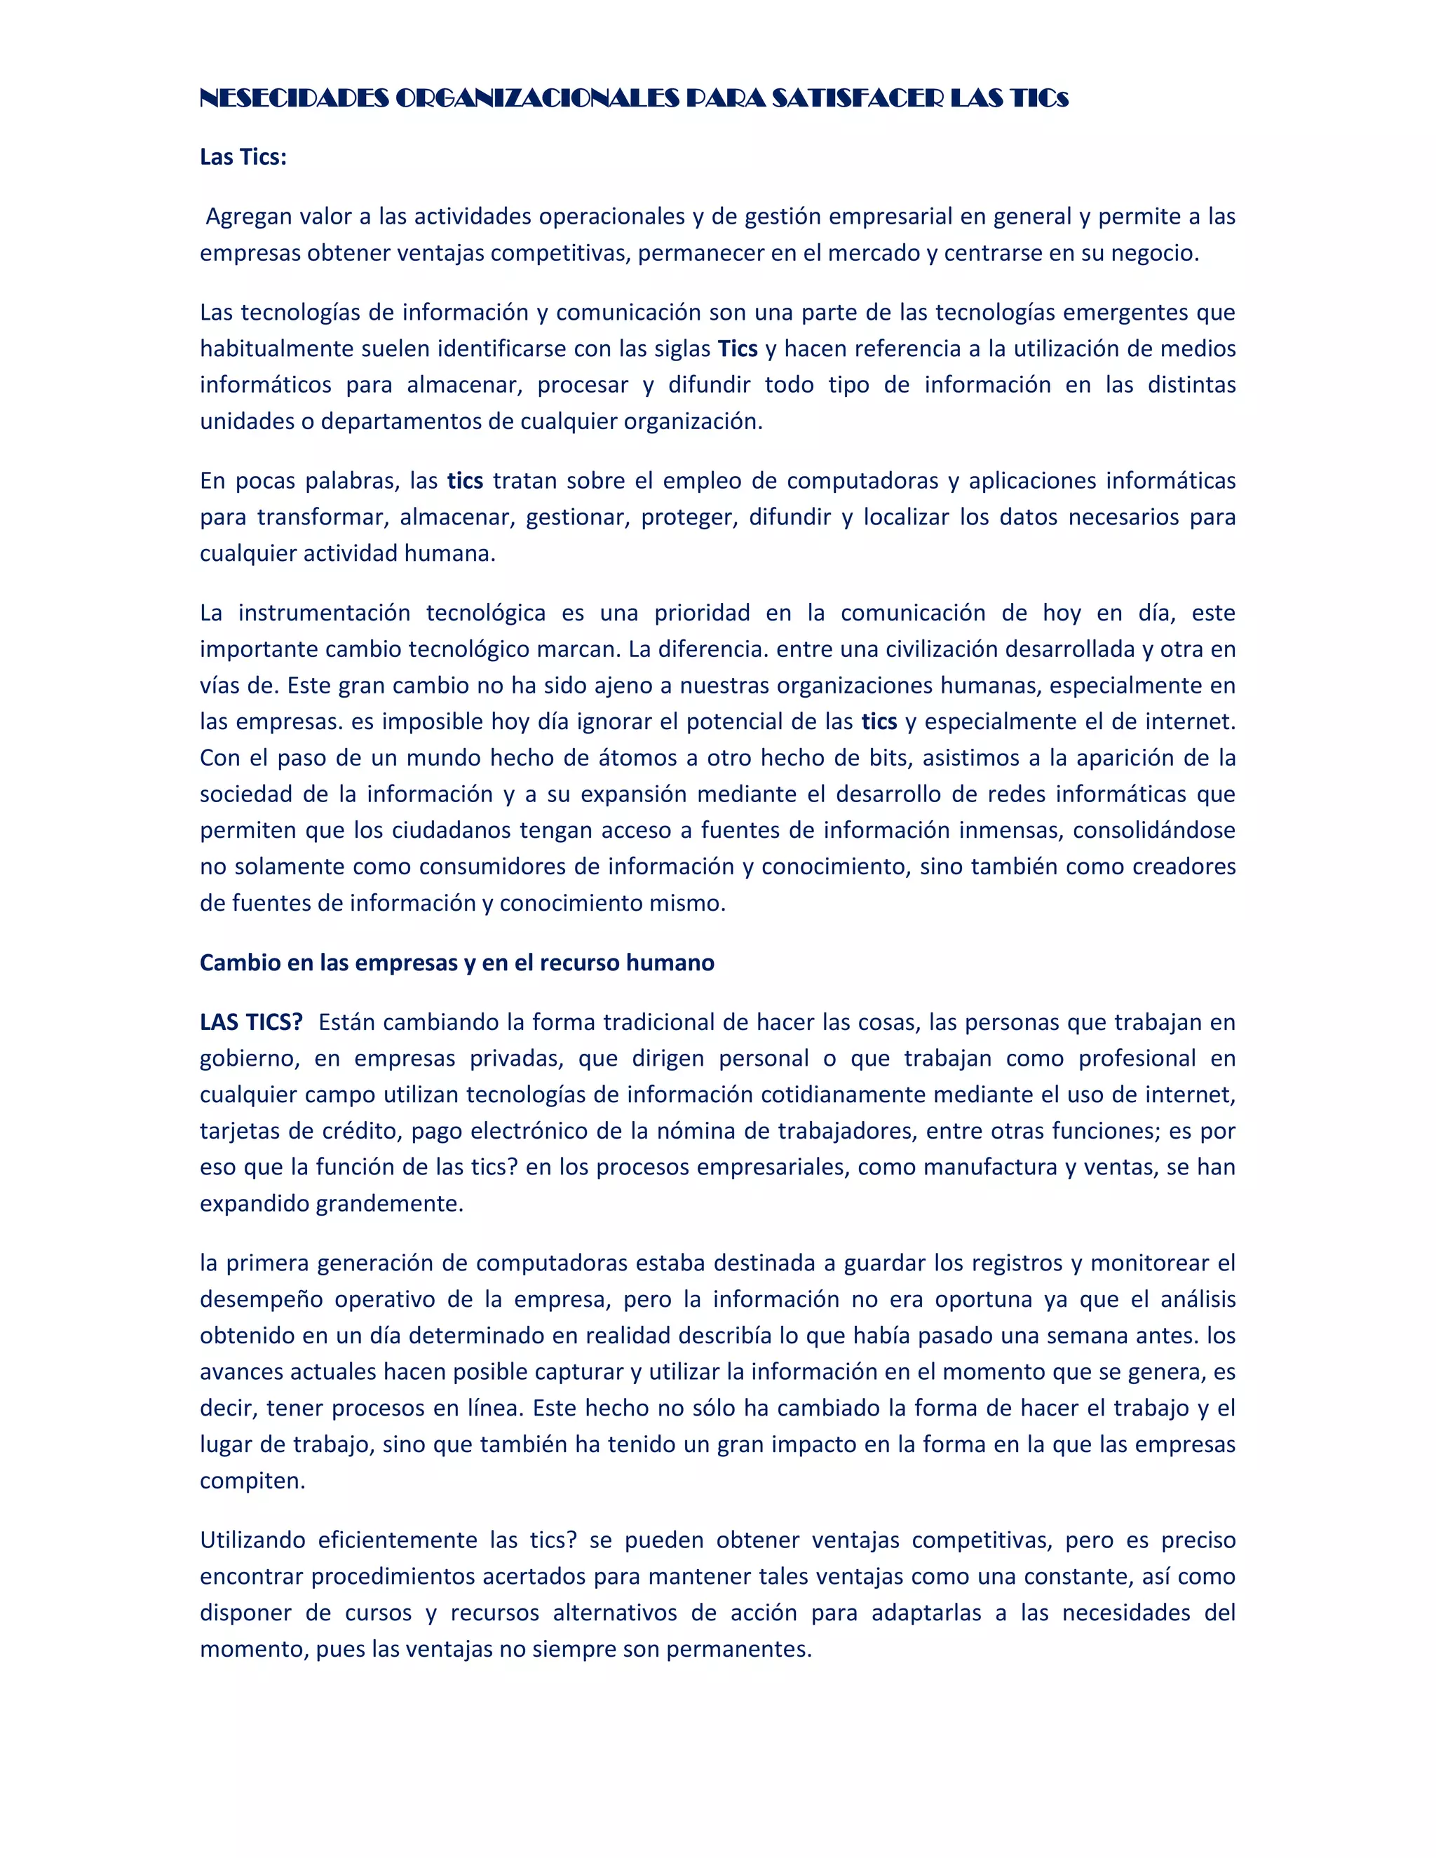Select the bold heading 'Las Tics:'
[x=243, y=157]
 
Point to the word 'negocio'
[x=1158, y=254]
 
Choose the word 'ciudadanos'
[x=447, y=830]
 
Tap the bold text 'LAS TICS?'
[x=251, y=1022]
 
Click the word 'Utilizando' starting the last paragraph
[x=252, y=1540]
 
